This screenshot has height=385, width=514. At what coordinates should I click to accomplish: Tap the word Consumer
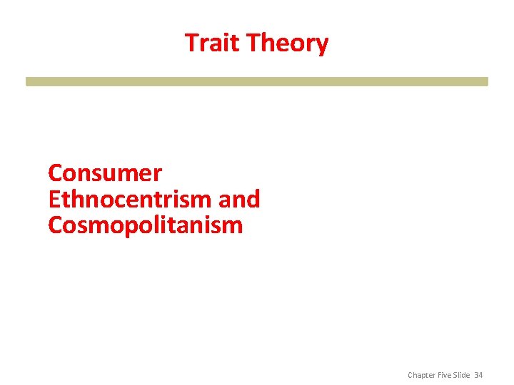[x=105, y=173]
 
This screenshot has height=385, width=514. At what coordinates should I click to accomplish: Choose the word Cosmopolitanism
[x=146, y=226]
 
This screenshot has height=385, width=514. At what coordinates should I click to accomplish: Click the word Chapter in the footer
[x=422, y=375]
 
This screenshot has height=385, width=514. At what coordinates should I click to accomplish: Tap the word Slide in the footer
[x=463, y=375]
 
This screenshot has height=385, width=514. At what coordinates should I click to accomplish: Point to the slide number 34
[x=478, y=375]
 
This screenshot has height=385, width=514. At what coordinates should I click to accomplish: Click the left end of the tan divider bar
[x=29, y=81]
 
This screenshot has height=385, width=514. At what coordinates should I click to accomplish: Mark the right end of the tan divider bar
[x=485, y=81]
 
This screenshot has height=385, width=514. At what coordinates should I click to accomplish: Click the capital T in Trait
[x=192, y=43]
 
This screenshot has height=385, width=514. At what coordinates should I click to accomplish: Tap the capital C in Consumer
[x=56, y=173]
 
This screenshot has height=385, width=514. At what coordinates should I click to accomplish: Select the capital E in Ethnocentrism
[x=54, y=200]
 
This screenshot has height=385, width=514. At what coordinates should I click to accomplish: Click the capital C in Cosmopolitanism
[x=56, y=226]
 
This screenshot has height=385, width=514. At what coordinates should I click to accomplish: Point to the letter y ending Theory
[x=322, y=46]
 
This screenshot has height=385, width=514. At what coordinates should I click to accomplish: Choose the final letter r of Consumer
[x=158, y=175]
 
